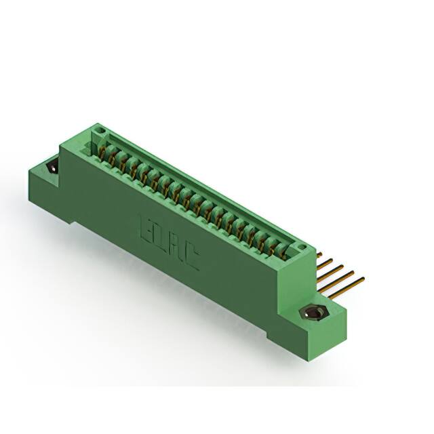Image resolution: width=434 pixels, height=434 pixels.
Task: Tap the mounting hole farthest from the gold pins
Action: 51,167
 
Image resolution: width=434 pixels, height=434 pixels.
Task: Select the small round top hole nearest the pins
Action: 303,247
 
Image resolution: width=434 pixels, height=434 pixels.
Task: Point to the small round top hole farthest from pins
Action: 100,127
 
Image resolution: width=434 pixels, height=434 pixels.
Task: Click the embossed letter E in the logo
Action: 144,226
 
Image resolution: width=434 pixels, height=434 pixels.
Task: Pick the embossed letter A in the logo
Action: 175,247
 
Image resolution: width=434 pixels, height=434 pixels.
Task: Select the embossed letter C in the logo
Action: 191,258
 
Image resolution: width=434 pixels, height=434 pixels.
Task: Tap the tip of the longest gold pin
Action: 363,278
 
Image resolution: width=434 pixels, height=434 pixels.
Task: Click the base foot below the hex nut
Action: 285,336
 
